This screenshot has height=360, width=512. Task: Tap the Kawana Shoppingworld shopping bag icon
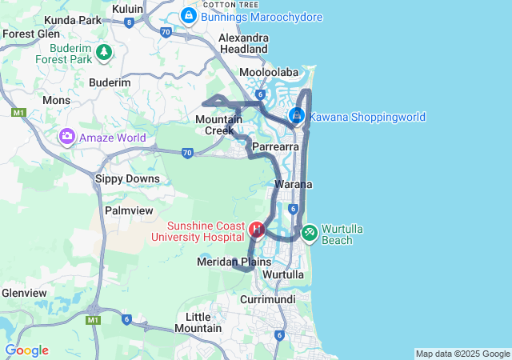tap(297, 117)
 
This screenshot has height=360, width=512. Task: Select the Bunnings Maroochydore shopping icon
tap(189, 15)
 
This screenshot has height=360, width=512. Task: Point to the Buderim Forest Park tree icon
tap(103, 53)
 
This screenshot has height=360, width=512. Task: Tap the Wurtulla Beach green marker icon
tap(309, 234)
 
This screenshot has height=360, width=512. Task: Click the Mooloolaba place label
tap(265, 72)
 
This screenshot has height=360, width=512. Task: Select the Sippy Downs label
tap(122, 178)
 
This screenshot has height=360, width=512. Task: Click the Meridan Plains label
tap(234, 262)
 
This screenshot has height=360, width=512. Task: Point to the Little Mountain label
tap(198, 322)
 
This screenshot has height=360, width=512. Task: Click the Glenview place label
tap(23, 293)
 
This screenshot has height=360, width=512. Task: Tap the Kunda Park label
tap(73, 19)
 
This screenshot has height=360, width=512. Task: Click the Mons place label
tap(56, 100)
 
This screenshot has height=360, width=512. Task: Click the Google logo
tap(26, 350)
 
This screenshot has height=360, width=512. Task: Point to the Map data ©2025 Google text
tap(462, 354)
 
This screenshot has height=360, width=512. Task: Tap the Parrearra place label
tap(275, 147)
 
